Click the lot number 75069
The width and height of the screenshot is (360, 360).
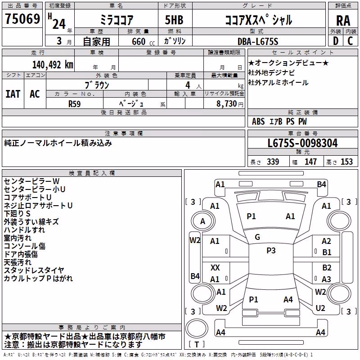[22, 19]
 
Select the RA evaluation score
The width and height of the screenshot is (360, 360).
[343, 21]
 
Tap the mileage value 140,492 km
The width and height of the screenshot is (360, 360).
[53, 65]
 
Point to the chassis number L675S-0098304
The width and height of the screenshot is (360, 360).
[302, 143]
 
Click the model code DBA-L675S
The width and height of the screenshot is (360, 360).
[258, 41]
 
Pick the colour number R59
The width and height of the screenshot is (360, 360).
[74, 104]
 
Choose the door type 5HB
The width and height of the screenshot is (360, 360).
[174, 20]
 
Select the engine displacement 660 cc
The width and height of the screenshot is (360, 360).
[143, 42]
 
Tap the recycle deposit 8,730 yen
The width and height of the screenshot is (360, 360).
[229, 104]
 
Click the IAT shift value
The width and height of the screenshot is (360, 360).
[13, 94]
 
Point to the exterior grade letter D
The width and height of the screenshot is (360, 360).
[336, 41]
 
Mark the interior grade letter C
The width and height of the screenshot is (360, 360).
[350, 41]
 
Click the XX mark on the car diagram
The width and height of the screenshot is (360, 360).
[215, 267]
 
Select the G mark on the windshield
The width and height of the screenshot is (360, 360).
[257, 237]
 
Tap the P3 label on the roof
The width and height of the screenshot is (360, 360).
[271, 251]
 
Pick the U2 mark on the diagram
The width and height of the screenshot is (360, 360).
[320, 308]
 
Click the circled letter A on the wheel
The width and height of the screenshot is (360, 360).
[202, 221]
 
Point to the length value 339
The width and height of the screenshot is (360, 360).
[273, 162]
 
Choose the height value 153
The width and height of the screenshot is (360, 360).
[346, 162]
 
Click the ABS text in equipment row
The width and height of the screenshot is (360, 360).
[258, 121]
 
